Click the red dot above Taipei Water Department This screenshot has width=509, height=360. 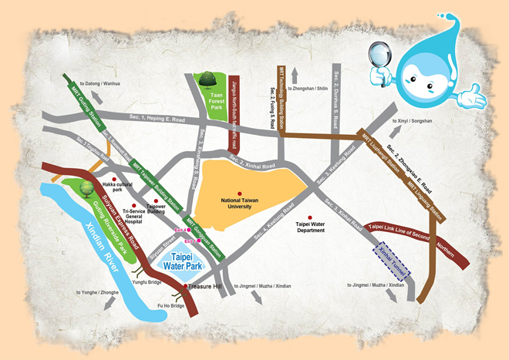click(x=311, y=217)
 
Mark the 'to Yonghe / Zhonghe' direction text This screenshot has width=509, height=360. click(x=98, y=294)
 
